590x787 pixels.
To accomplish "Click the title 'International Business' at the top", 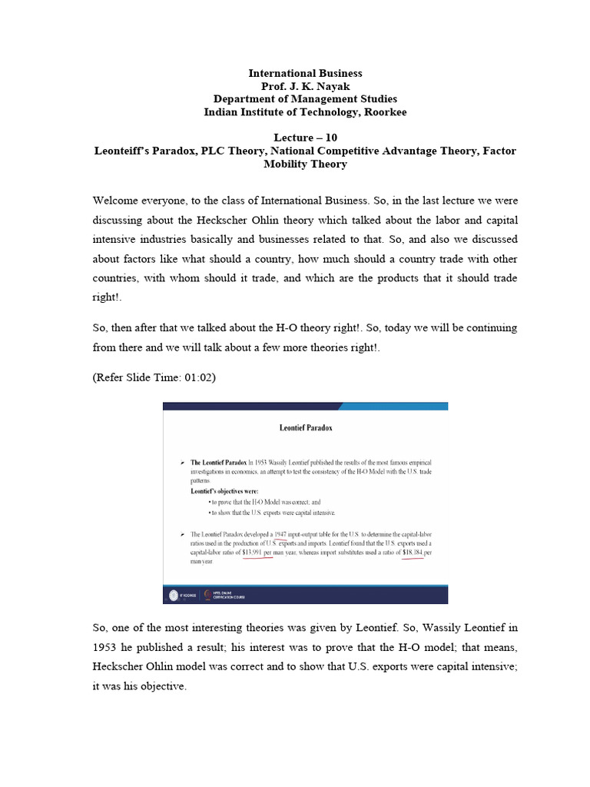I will [x=305, y=73].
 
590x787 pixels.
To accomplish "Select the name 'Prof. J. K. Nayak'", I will [x=305, y=86].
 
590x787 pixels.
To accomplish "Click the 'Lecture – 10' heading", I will [x=305, y=138].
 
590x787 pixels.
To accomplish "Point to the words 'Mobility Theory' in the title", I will [x=305, y=164].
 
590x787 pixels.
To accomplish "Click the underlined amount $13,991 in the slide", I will [x=257, y=551].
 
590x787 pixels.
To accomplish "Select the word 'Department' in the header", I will [x=243, y=99].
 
